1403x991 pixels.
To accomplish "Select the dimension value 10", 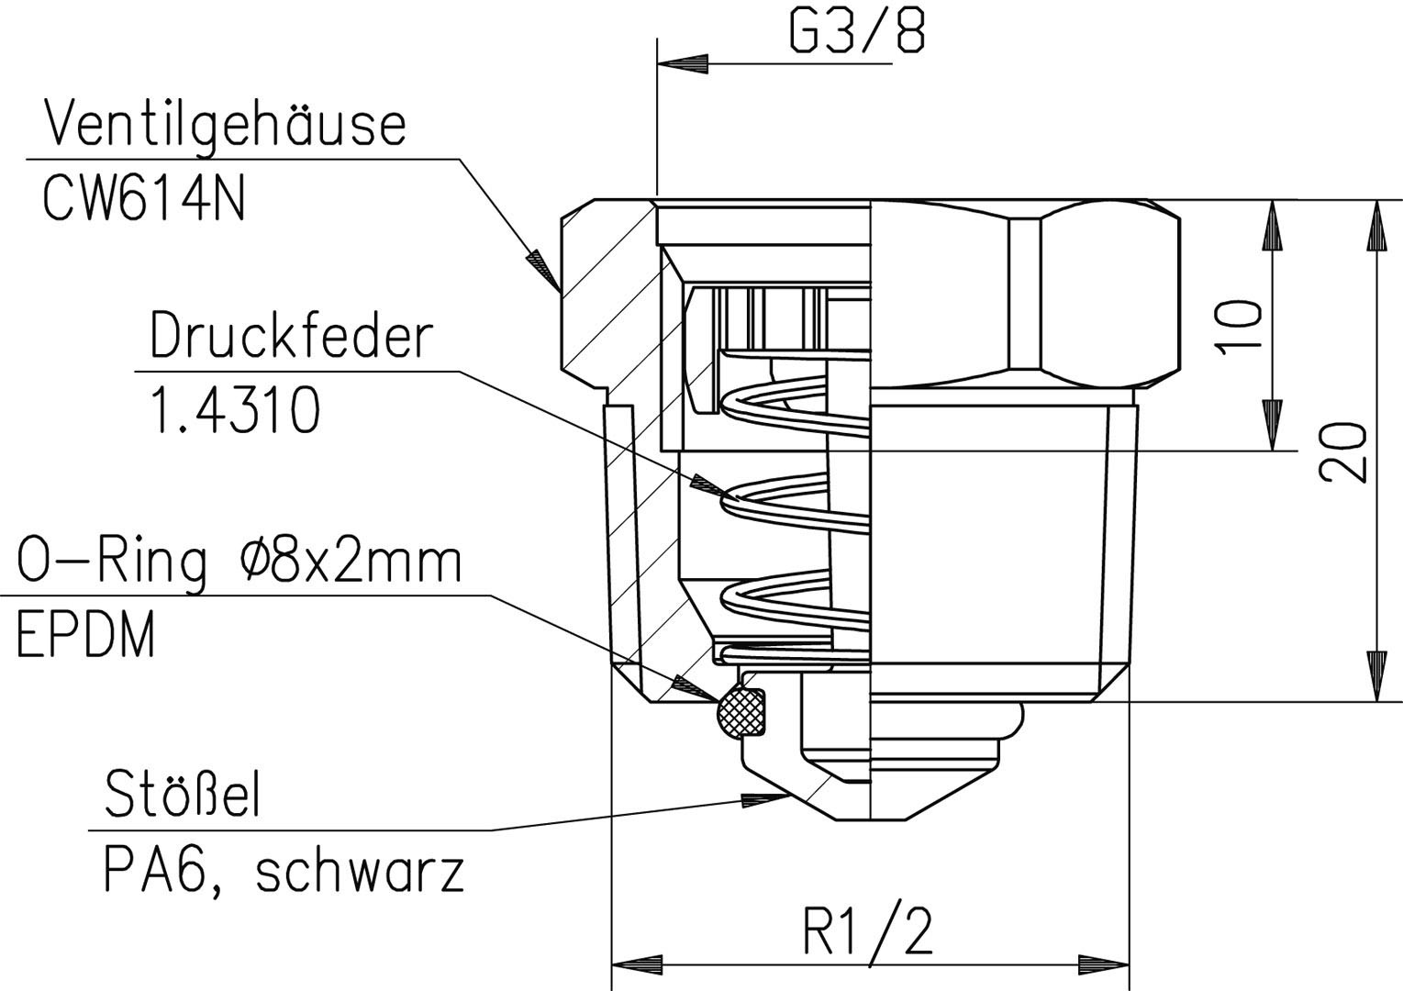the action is coord(1238,328).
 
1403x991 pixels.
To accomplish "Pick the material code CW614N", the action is coord(143,198).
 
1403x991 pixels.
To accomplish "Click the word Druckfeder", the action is coord(291,337).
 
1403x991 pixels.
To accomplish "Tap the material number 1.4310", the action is coord(235,409).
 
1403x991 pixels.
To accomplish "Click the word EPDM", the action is coord(85,634).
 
